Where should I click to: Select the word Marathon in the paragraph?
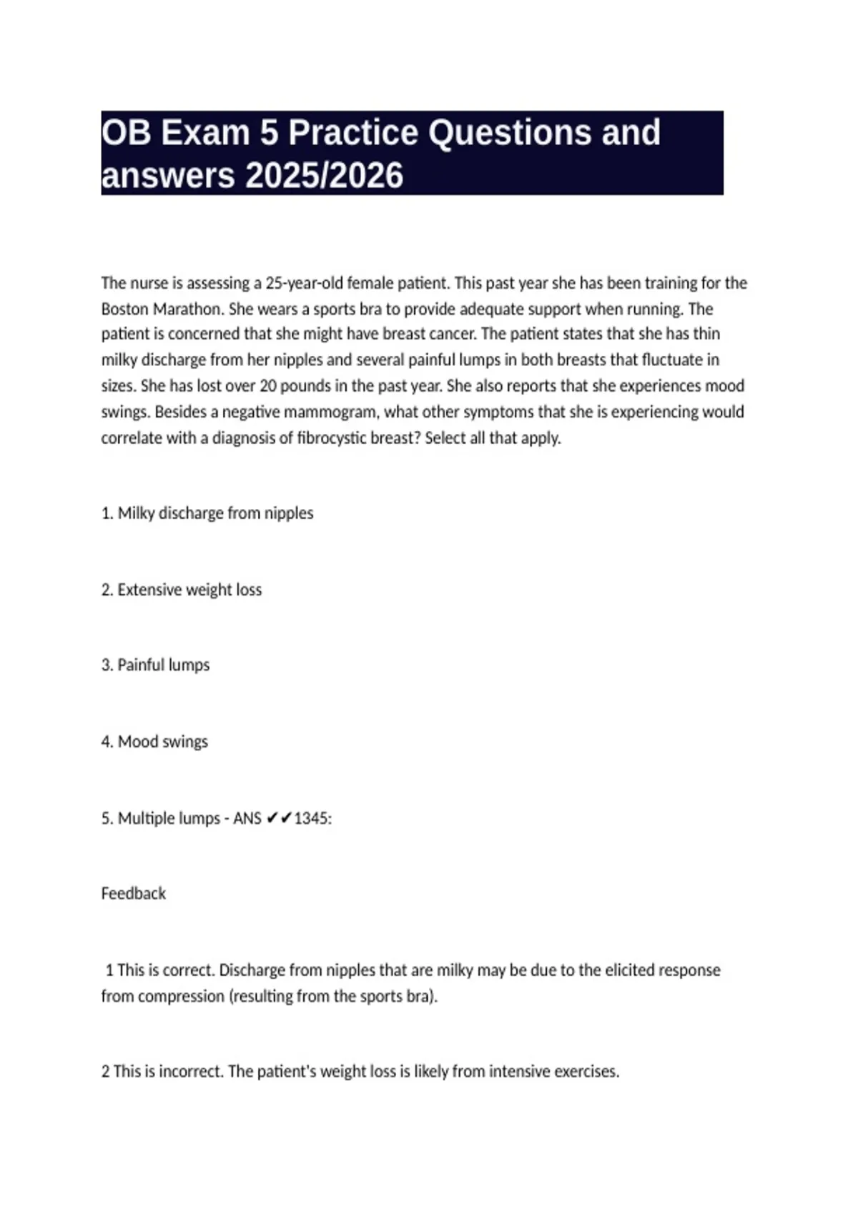pyautogui.click(x=188, y=309)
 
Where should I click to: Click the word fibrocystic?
pyautogui.click(x=335, y=438)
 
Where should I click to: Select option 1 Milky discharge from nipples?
pyautogui.click(x=207, y=513)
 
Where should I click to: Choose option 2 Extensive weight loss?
pyautogui.click(x=182, y=590)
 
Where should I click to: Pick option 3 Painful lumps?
pyautogui.click(x=156, y=665)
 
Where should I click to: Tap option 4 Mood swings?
pyautogui.click(x=155, y=742)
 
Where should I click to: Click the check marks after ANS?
pyautogui.click(x=279, y=818)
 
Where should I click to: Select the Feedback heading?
pyautogui.click(x=133, y=893)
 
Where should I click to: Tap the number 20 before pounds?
pyautogui.click(x=268, y=386)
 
